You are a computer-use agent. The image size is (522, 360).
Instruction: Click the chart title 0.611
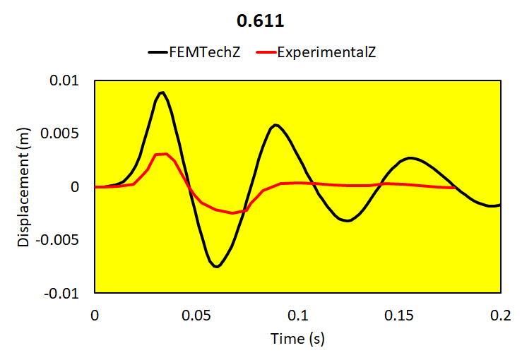click(x=261, y=21)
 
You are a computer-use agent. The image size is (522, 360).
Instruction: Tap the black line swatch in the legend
click(x=156, y=52)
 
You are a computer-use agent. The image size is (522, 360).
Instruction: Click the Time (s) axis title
click(x=297, y=339)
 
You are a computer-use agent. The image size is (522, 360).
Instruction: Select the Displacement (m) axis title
click(x=24, y=187)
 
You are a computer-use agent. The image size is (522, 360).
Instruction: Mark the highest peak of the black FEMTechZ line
click(x=162, y=92)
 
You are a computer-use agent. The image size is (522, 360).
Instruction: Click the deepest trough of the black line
click(x=218, y=267)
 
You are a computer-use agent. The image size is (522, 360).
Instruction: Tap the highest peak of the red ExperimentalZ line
click(x=165, y=154)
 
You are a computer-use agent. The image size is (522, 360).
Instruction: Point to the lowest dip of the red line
click(x=232, y=213)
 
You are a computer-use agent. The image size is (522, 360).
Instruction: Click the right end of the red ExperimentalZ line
click(x=457, y=188)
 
